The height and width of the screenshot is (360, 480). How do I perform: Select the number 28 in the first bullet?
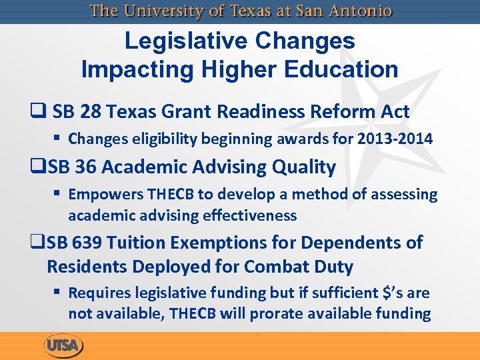click(x=93, y=111)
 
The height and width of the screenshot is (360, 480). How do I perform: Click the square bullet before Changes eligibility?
click(x=59, y=139)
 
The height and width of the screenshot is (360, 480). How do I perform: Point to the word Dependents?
click(x=347, y=243)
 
